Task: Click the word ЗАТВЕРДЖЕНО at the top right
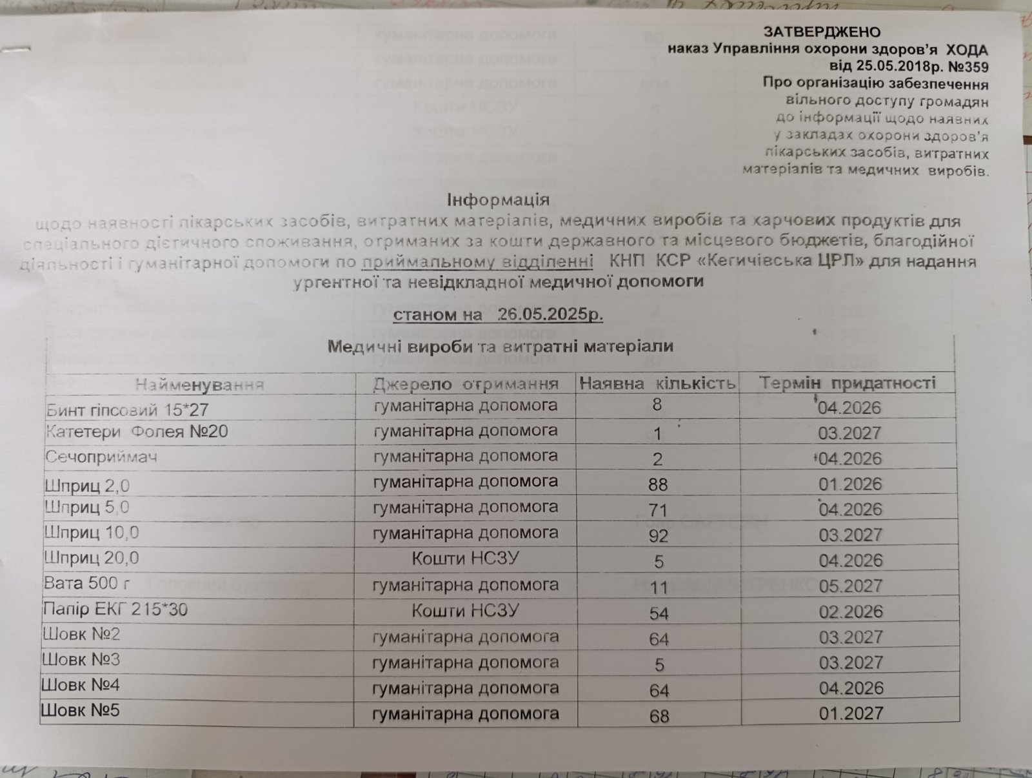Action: coord(821,32)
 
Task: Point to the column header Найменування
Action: coord(199,385)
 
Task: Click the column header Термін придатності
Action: coord(847,383)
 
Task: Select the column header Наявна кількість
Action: coord(657,384)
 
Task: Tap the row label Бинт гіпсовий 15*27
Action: coord(127,409)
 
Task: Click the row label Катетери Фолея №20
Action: coord(137,431)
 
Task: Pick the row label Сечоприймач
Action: coord(101,457)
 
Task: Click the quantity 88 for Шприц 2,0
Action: coord(658,485)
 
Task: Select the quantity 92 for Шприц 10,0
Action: coord(659,536)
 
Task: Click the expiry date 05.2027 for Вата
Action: coord(850,586)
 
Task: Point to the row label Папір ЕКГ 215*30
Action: coord(115,609)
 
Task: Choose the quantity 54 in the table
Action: coord(659,613)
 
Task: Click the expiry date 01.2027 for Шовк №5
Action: coord(851,713)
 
